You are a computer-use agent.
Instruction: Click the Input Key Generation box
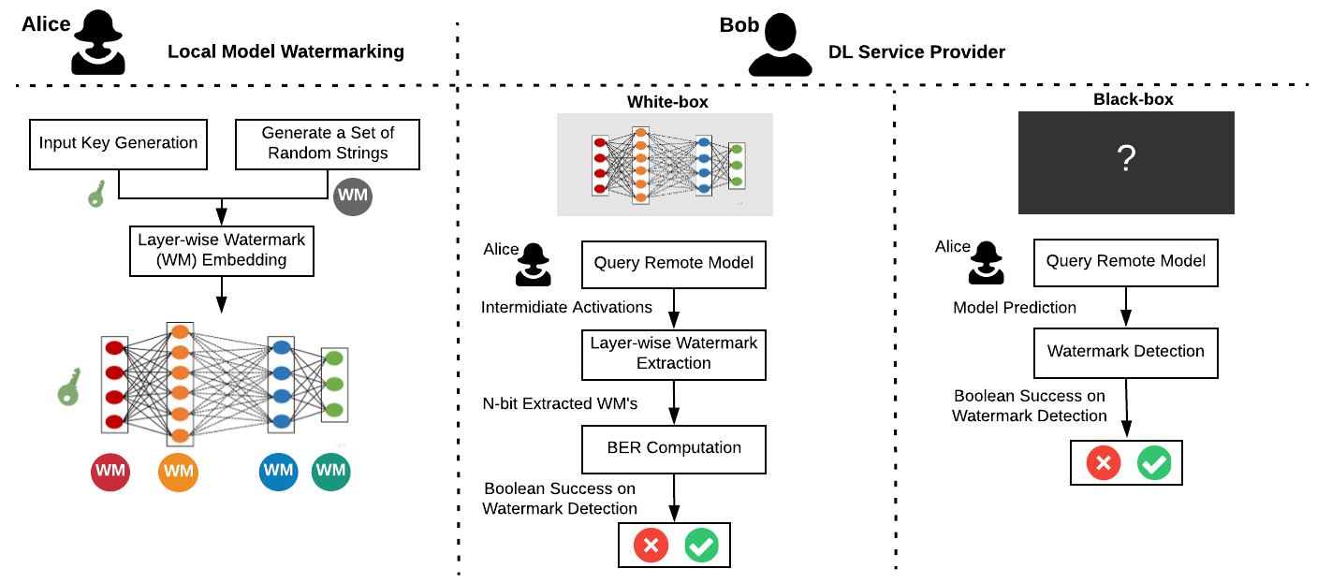(118, 144)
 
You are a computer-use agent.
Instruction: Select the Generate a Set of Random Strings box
(328, 144)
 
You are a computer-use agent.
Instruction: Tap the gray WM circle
(353, 197)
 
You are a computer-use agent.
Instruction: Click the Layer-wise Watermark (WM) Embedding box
(222, 251)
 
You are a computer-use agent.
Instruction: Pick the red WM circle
(110, 472)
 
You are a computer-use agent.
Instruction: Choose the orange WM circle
(178, 472)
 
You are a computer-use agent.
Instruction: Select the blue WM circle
(279, 471)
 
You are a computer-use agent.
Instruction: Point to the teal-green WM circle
(331, 471)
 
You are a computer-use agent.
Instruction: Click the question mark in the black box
(1126, 158)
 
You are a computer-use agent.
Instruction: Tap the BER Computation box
(674, 449)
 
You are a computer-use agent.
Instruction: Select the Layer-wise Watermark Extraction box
(674, 355)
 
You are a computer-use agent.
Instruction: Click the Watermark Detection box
(1126, 353)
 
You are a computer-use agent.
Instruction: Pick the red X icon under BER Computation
(651, 546)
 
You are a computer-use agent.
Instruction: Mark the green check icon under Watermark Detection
(1154, 463)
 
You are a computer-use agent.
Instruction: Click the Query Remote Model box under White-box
(674, 265)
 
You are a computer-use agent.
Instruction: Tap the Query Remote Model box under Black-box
(1126, 263)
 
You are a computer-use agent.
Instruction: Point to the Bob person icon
(781, 45)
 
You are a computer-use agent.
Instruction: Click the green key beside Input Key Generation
(97, 194)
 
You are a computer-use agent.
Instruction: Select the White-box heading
(667, 102)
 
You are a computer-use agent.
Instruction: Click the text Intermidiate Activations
(566, 307)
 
